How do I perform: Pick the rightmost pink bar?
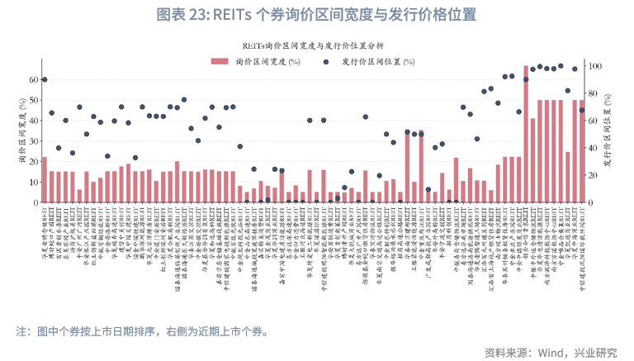(x=581, y=152)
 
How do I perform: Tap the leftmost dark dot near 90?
(x=45, y=80)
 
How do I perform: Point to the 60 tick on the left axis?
(x=33, y=80)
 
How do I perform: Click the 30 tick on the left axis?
(x=33, y=141)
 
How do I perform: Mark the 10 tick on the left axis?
(x=33, y=183)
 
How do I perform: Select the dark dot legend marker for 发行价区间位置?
(x=326, y=62)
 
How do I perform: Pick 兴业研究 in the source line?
(x=596, y=352)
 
